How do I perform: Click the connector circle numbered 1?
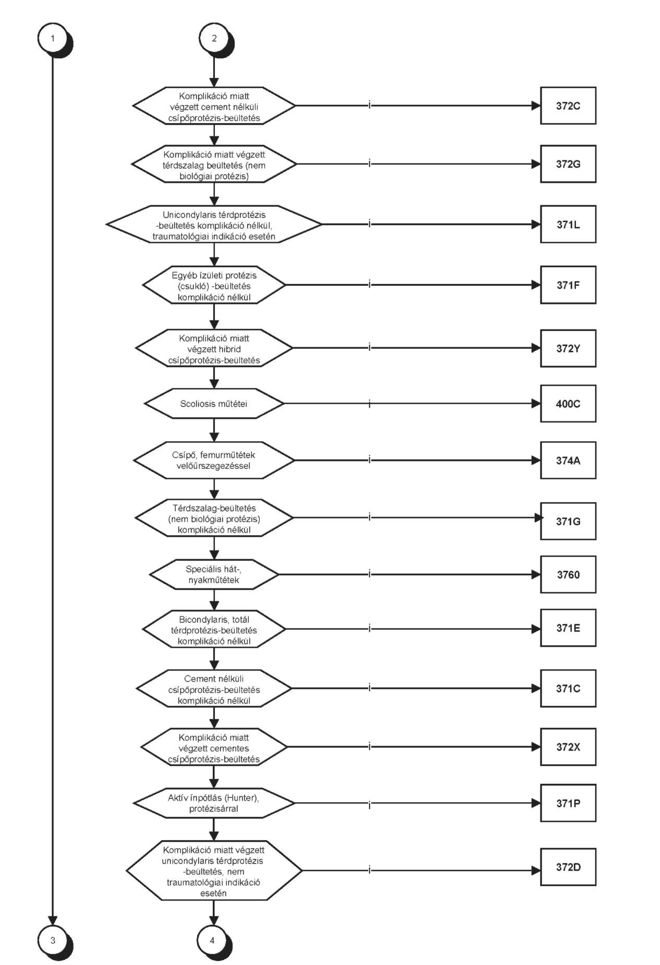click(52, 38)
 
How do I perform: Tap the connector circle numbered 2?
click(214, 38)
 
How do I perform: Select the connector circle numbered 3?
click(52, 940)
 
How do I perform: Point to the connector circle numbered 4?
click(212, 940)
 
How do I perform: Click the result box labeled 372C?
click(568, 105)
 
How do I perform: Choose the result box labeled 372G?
click(568, 164)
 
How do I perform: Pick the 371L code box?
click(568, 225)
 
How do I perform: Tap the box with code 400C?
click(568, 404)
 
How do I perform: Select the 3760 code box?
click(568, 574)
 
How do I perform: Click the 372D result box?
click(568, 867)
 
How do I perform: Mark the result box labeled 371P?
click(568, 803)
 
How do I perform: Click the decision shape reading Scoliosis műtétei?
click(214, 404)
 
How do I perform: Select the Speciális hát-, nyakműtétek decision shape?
click(214, 574)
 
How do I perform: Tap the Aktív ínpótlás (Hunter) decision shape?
click(214, 803)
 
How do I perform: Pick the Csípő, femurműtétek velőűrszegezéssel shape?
click(214, 460)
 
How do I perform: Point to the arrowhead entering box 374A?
click(536, 460)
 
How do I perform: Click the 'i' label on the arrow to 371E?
click(369, 628)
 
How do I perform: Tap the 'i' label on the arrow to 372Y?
click(369, 348)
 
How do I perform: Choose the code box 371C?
click(568, 688)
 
